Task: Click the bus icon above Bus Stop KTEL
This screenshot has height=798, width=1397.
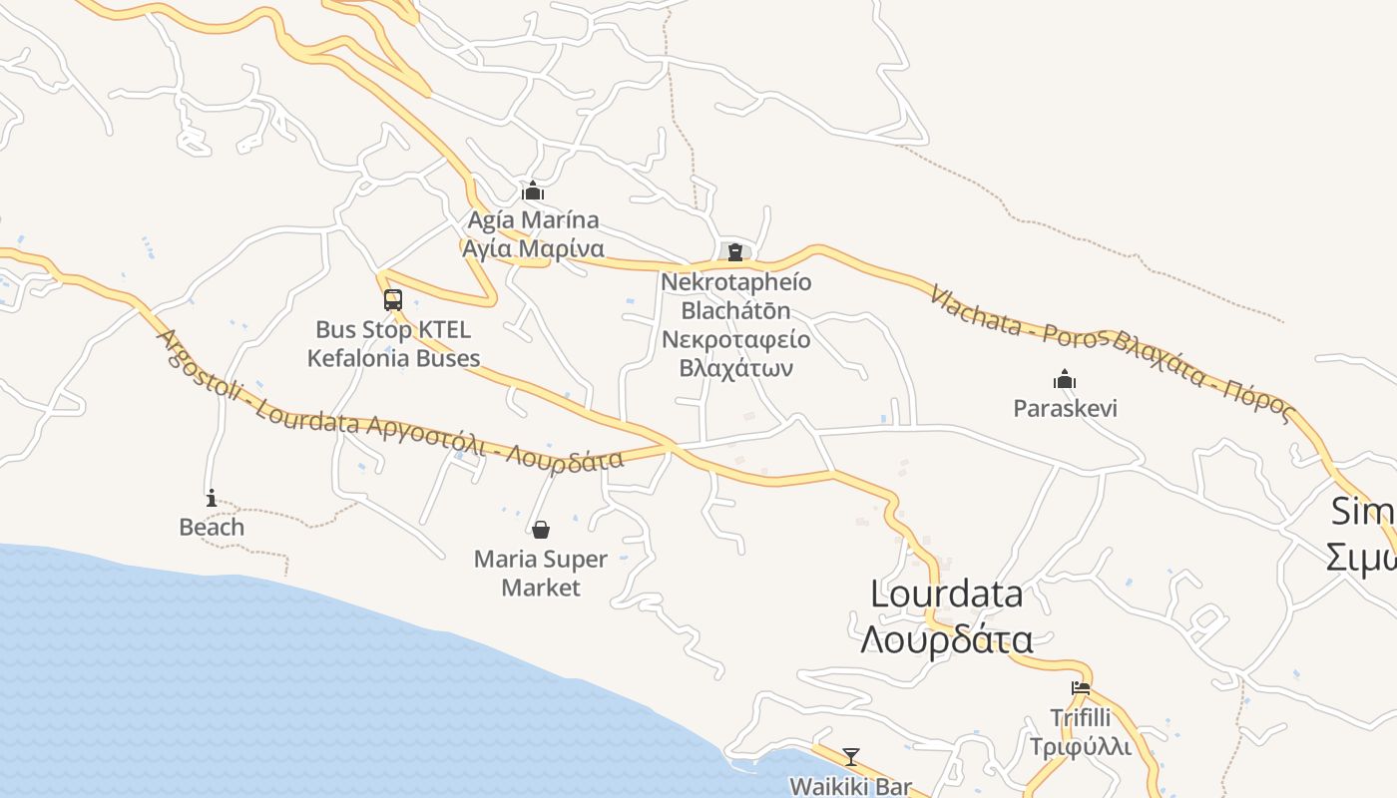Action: [x=393, y=299]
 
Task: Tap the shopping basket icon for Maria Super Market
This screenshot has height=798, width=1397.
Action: [x=541, y=529]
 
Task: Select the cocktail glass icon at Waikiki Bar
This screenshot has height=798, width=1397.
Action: [x=850, y=757]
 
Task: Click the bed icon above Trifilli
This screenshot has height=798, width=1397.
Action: [x=1080, y=687]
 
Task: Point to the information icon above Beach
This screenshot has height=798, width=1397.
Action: [x=212, y=497]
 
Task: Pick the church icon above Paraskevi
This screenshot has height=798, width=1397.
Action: [x=1065, y=379]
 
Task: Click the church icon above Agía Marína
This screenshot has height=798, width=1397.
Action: [x=534, y=190]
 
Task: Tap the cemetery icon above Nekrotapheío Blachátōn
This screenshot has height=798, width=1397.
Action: [x=735, y=251]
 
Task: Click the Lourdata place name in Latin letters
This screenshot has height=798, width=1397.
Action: [x=946, y=595]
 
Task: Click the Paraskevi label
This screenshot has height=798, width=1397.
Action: [x=1065, y=408]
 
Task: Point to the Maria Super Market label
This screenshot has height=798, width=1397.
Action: [x=541, y=573]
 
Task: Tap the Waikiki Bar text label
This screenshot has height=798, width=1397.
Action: [x=850, y=786]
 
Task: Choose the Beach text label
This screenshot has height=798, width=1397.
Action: [x=212, y=527]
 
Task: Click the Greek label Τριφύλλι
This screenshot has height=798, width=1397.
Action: [x=1081, y=746]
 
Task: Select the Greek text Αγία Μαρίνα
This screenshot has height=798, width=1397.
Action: [x=534, y=248]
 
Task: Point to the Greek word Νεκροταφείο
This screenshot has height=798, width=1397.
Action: [x=736, y=339]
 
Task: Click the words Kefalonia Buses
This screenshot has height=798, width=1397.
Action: [x=393, y=358]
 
